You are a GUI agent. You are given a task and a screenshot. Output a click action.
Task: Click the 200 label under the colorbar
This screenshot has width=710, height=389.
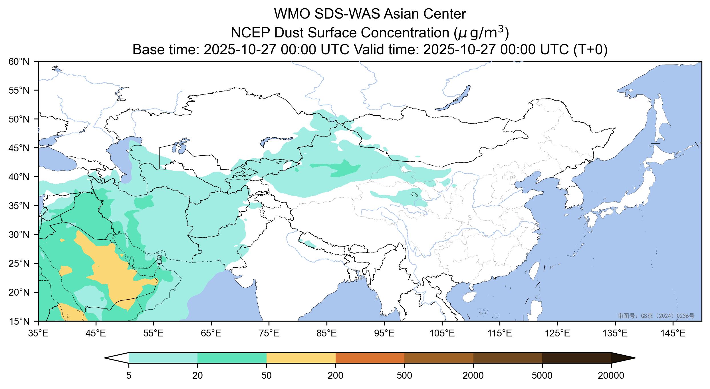[335, 376]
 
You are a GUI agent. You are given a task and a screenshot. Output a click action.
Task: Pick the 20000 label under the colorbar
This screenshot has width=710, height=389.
[611, 376]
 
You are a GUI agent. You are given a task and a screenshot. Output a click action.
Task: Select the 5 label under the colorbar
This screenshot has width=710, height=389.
[129, 376]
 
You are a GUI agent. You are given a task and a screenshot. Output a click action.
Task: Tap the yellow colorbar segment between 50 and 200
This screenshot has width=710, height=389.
[301, 358]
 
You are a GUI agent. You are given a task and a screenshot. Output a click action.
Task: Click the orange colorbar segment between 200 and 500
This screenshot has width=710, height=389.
[370, 358]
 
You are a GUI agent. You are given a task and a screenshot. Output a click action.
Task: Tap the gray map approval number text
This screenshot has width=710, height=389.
[656, 316]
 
